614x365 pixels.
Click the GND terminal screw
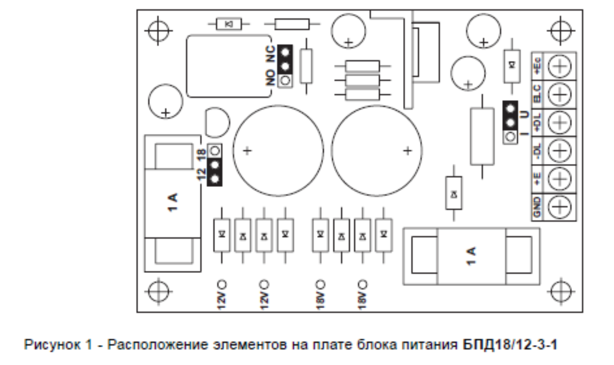tap(560, 207)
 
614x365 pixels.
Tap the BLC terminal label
tap(537, 94)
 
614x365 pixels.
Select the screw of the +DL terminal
tap(560, 122)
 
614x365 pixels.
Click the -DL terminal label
tap(537, 151)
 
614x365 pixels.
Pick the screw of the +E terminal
tap(560, 179)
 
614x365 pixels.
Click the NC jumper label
tap(271, 54)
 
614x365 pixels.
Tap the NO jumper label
tap(271, 77)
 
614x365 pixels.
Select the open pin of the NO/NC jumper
tap(285, 80)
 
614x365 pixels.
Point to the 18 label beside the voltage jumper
tap(202, 154)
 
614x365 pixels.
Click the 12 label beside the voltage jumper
tap(202, 174)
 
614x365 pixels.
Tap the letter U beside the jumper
tap(525, 114)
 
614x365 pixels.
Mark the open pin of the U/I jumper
tap(511, 137)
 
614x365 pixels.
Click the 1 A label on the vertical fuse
tap(173, 203)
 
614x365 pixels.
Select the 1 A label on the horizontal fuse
tap(471, 256)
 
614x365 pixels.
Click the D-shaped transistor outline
tap(217, 122)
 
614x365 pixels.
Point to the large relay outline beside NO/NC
tap(228, 66)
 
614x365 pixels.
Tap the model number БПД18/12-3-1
tap(510, 345)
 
